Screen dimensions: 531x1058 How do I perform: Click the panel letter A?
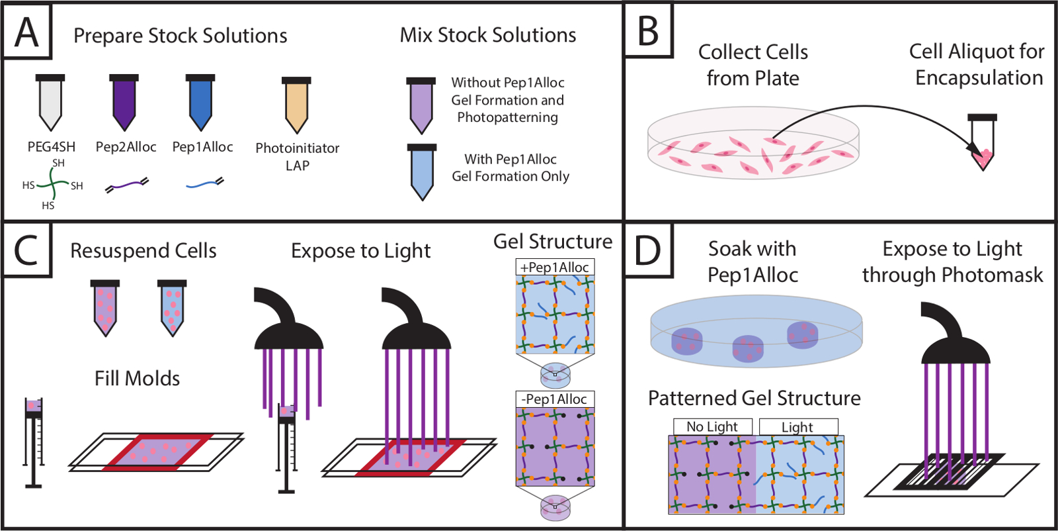(26, 32)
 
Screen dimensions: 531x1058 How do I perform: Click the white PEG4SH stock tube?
(50, 102)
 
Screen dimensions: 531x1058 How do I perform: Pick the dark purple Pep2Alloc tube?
(124, 102)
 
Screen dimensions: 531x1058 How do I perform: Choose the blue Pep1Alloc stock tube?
(200, 102)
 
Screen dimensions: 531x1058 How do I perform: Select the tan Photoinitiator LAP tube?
(296, 105)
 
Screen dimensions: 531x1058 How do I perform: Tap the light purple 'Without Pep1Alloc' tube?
(421, 105)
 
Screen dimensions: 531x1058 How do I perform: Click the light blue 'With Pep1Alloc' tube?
(422, 171)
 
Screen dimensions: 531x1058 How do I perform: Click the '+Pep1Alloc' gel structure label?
(555, 267)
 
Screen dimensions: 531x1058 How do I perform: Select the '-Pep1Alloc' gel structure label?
(555, 399)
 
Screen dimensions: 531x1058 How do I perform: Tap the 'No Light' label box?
(712, 427)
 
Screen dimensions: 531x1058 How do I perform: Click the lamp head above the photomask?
(955, 338)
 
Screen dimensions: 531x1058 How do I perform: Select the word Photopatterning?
(507, 118)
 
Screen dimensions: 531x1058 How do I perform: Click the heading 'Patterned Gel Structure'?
(754, 398)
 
